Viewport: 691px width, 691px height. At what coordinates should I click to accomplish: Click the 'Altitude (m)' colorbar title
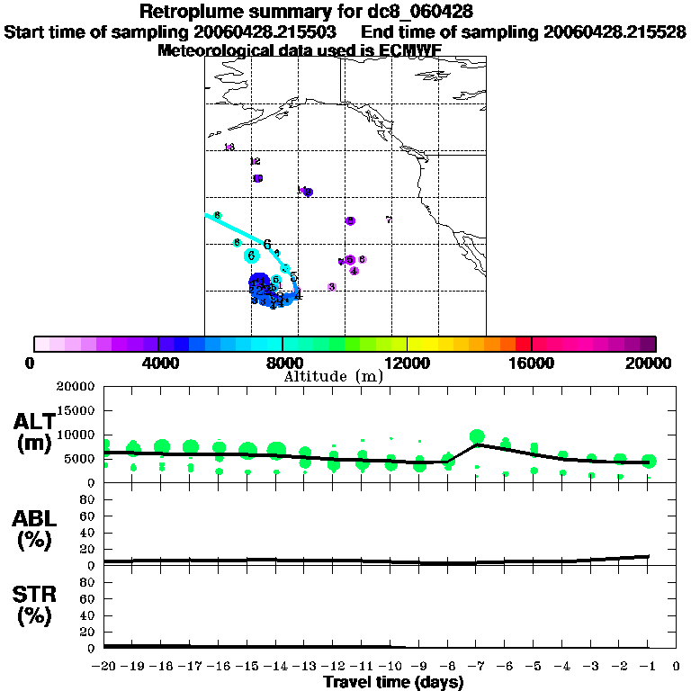pyautogui.click(x=333, y=376)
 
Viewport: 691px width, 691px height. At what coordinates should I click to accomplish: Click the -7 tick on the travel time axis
pyautogui.click(x=477, y=667)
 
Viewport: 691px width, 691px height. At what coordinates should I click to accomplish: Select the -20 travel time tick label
pyautogui.click(x=104, y=667)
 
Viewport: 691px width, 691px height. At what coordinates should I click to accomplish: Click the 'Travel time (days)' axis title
pyautogui.click(x=393, y=682)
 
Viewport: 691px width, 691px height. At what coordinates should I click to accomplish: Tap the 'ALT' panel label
pyautogui.click(x=33, y=421)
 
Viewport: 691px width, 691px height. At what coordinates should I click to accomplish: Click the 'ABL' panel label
pyautogui.click(x=33, y=518)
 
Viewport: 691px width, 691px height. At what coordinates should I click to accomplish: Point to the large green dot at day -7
pyautogui.click(x=477, y=436)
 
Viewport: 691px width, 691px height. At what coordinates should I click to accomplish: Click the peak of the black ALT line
pyautogui.click(x=477, y=444)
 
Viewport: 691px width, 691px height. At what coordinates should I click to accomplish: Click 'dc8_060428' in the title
pyautogui.click(x=422, y=12)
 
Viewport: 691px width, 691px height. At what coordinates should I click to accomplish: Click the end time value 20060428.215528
pyautogui.click(x=615, y=31)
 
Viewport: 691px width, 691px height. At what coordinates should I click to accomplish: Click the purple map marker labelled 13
pyautogui.click(x=229, y=148)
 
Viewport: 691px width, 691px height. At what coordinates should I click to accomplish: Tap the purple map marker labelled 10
pyautogui.click(x=308, y=192)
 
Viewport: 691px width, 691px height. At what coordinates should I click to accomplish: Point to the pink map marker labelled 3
pyautogui.click(x=332, y=287)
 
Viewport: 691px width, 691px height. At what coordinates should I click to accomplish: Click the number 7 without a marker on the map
pyautogui.click(x=388, y=220)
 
